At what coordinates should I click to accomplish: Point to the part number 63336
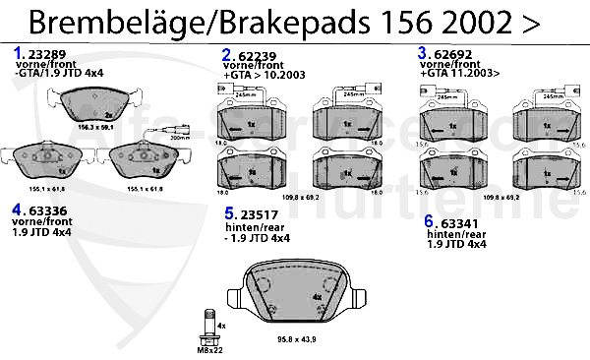click(46, 209)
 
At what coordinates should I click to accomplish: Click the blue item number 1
click(17, 51)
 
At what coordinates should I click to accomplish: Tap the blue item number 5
click(228, 213)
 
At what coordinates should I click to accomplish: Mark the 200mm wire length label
click(179, 139)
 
